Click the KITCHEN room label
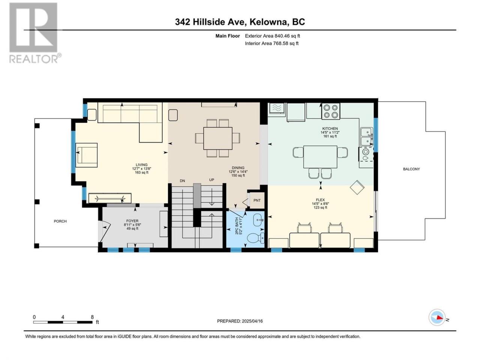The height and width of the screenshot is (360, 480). tap(330, 129)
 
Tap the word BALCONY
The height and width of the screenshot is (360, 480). tap(411, 169)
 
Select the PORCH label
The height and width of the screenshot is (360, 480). tap(60, 221)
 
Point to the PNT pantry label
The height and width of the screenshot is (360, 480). tap(257, 200)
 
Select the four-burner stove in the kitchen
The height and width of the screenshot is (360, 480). tap(331, 111)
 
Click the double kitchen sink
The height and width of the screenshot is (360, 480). tap(366, 136)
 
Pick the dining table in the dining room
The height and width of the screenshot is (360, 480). tap(218, 138)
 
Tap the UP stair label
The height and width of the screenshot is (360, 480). tap(211, 180)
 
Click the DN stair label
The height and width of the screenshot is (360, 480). tap(182, 181)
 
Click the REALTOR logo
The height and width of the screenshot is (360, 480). tap(35, 33)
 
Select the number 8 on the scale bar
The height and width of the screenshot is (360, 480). tap(92, 317)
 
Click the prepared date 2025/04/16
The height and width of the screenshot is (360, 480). tap(252, 321)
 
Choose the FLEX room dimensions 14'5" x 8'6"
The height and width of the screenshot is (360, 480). tap(320, 204)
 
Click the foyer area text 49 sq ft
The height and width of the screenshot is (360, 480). tap(132, 228)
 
